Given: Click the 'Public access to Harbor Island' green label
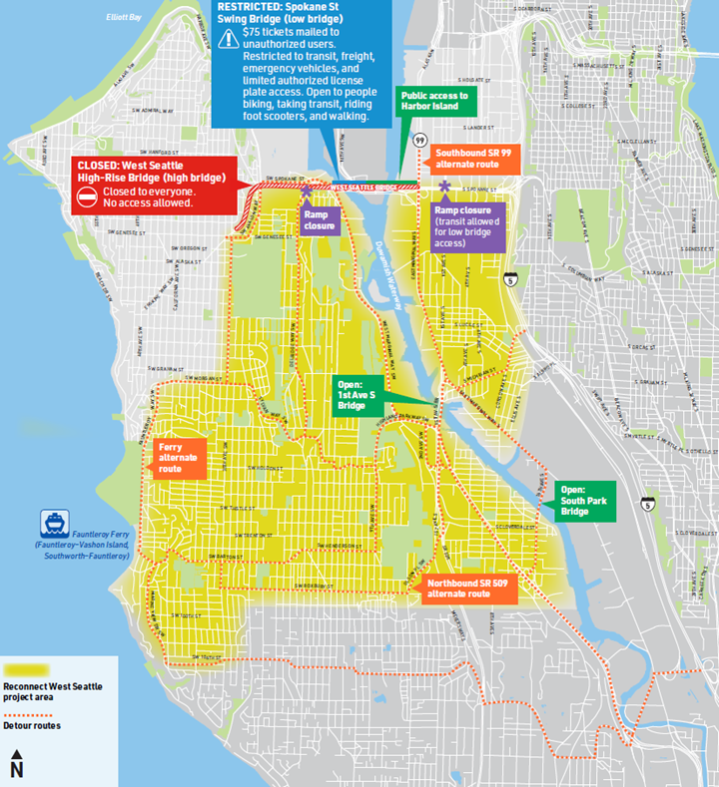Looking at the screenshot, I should pos(434,101).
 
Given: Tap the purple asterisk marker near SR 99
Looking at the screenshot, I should pos(444,187).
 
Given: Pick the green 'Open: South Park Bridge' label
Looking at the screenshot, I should pos(584,502).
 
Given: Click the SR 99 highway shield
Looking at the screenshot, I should pos(421,139).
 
